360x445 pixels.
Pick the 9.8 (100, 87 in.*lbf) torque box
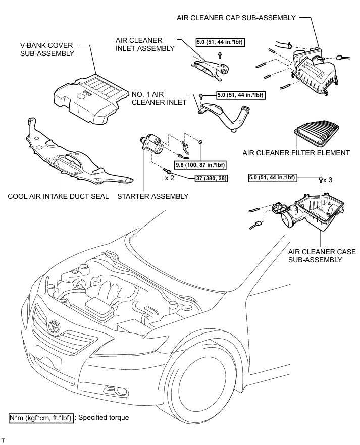[x=200, y=165]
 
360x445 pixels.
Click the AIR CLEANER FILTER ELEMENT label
[x=296, y=152]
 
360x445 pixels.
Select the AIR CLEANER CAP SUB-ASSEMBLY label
[x=236, y=18]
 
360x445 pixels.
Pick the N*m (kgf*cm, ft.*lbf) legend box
[x=40, y=418]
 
